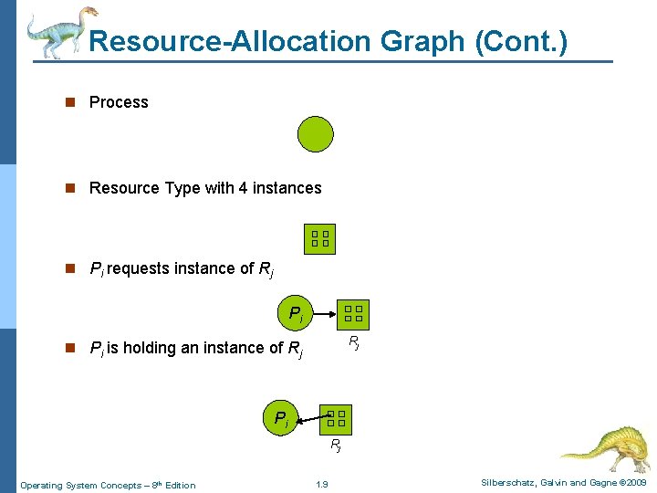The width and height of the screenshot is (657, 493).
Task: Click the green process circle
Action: pos(316,134)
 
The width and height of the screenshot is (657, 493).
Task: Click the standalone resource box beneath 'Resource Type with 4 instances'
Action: pos(319,238)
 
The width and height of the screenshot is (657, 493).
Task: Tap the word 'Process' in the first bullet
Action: pos(119,102)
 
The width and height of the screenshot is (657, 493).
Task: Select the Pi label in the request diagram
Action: pos(296,314)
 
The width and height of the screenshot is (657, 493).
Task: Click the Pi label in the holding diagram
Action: pos(282,419)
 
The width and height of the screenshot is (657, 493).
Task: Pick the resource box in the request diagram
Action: pos(353,314)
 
